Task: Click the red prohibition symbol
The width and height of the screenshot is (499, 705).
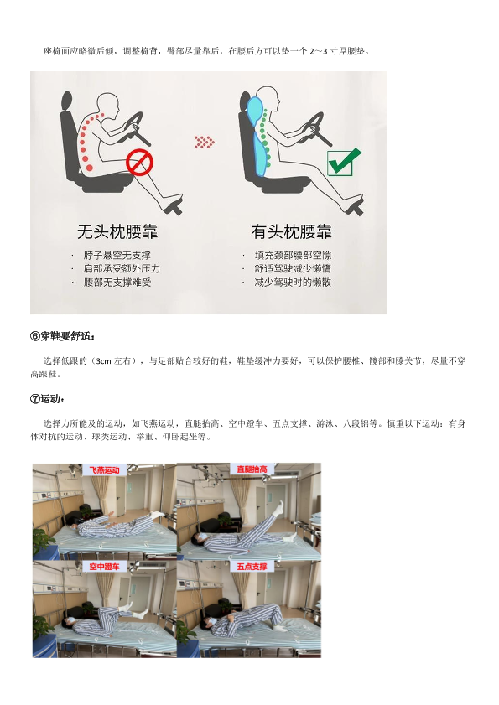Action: coord(139,163)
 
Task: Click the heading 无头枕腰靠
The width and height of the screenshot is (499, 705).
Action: coord(117,231)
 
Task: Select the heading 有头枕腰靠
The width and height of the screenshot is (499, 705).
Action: coord(292,231)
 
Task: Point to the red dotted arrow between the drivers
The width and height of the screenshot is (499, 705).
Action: coord(205,142)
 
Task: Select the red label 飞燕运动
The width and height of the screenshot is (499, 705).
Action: coord(104,469)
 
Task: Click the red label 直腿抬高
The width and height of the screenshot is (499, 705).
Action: coord(252,469)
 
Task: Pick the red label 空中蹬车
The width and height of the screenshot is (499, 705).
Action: coord(104,567)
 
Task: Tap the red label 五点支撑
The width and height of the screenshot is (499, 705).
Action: coord(252,567)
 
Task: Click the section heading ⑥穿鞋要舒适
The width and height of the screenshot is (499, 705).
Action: coord(63,336)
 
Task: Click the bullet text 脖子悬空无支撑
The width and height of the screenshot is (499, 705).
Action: coord(117,256)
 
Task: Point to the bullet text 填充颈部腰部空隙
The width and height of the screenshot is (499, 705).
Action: coord(293,256)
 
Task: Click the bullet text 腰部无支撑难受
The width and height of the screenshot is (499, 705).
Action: coord(117,283)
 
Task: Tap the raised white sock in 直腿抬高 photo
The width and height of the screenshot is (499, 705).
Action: coord(279,506)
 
